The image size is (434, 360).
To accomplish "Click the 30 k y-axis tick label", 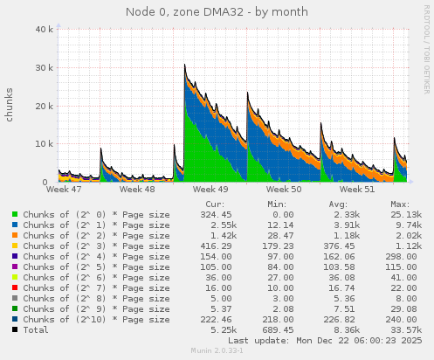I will click(x=41, y=67).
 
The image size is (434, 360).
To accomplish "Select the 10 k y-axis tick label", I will click(x=41, y=143).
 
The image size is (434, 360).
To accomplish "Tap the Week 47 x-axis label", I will click(x=64, y=188).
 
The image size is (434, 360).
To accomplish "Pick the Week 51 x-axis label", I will click(x=356, y=188).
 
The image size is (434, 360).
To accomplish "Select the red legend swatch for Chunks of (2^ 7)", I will click(x=14, y=287).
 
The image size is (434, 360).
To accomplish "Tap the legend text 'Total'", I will click(x=36, y=329).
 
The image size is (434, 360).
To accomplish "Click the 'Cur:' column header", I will click(x=215, y=202).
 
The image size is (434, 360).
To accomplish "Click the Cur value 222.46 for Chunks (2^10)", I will click(x=215, y=319).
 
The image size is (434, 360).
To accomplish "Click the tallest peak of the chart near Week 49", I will click(x=184, y=65).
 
